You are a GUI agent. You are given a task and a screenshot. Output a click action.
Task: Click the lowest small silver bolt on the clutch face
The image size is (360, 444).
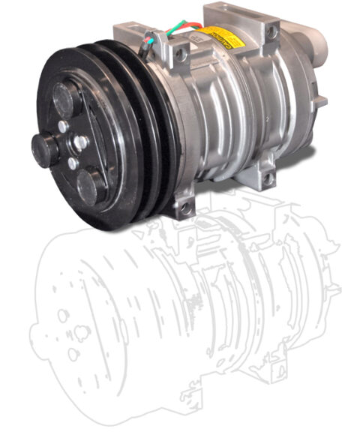tap(71, 163)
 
